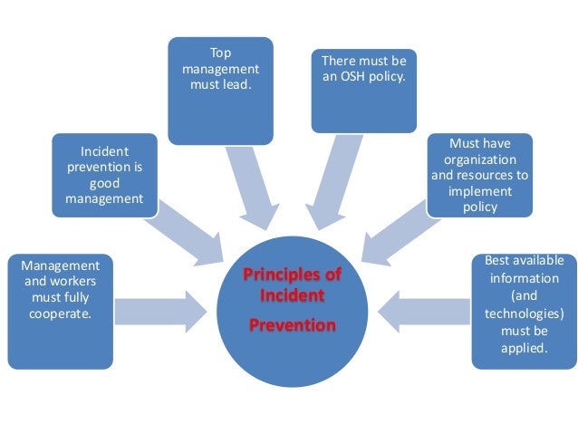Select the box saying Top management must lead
point(220,91)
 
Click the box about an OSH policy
point(363,91)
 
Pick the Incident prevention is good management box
point(105,175)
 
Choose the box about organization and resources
point(479,175)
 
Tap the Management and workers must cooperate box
point(61,311)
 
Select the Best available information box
point(524,311)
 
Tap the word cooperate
point(61,313)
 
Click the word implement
point(479,192)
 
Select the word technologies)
point(524,313)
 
